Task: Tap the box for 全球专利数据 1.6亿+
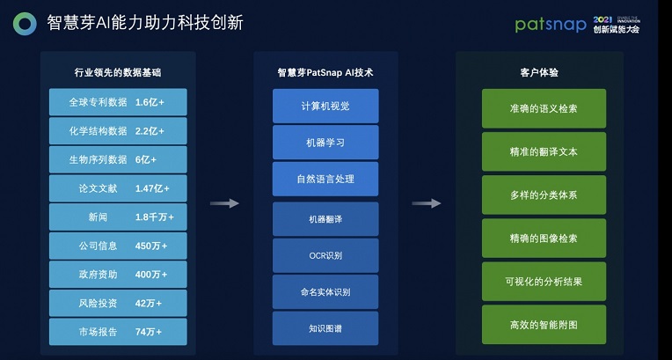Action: tap(118, 102)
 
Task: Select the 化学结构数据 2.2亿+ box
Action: tap(118, 131)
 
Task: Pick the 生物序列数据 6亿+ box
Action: tap(118, 159)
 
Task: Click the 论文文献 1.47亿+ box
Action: tap(118, 188)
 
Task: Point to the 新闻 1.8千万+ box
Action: tap(118, 217)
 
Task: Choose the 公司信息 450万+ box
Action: tap(118, 246)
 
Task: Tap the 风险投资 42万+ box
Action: tap(118, 303)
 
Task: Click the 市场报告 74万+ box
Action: tap(118, 331)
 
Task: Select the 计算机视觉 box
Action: tap(325, 106)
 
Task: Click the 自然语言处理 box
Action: tap(325, 179)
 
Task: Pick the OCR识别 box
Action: tap(325, 255)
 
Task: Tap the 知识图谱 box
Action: tap(325, 327)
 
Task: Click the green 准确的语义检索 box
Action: tap(544, 108)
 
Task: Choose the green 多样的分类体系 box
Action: tap(544, 195)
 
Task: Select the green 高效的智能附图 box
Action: tap(544, 325)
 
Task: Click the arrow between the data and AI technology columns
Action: tap(224, 203)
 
